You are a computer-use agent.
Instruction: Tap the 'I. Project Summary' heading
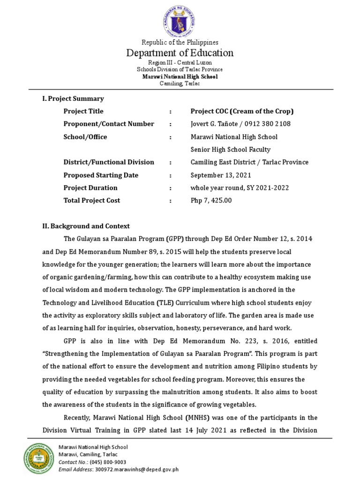click(x=73, y=98)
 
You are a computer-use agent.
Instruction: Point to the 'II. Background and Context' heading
click(x=86, y=226)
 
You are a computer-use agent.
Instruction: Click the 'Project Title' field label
click(x=83, y=111)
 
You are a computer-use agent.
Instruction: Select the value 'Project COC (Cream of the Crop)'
click(x=242, y=111)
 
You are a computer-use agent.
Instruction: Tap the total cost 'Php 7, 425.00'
click(x=211, y=201)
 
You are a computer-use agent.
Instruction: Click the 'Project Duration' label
click(x=90, y=188)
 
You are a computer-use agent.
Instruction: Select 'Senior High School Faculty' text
click(x=230, y=150)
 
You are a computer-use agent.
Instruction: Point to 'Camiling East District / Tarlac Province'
click(x=249, y=162)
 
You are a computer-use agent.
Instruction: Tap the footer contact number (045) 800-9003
click(x=104, y=462)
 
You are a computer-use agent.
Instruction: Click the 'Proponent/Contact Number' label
click(x=109, y=124)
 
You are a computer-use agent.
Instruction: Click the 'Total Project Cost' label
click(x=92, y=201)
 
